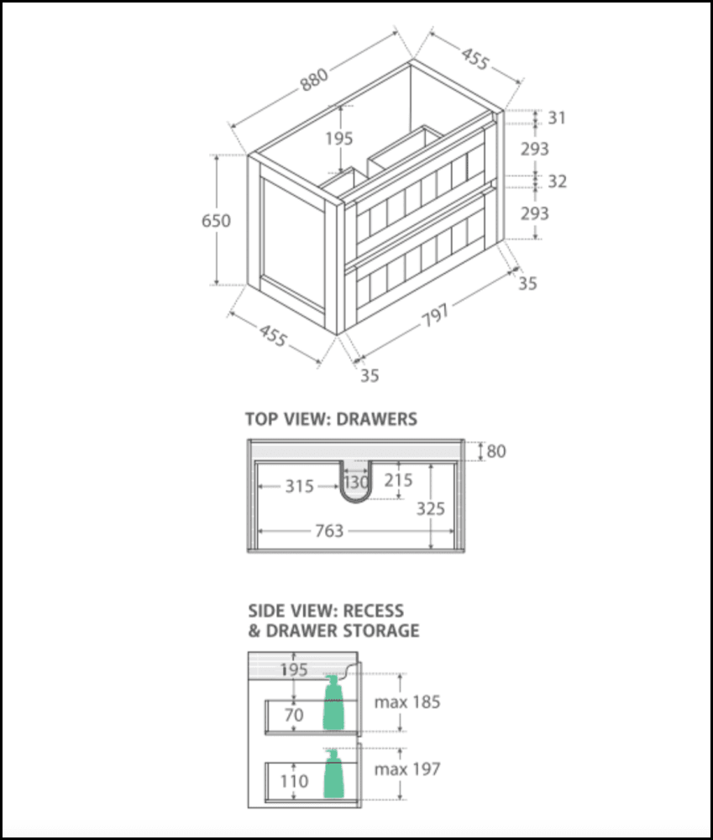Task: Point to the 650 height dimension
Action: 216,220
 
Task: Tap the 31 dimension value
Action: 557,118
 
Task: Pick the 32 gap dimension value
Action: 557,181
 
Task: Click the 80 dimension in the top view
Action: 496,451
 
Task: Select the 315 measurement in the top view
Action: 298,486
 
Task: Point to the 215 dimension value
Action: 397,480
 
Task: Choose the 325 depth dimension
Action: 430,509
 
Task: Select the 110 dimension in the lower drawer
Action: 294,781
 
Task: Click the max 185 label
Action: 407,701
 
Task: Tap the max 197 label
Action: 407,768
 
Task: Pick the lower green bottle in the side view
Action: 335,774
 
